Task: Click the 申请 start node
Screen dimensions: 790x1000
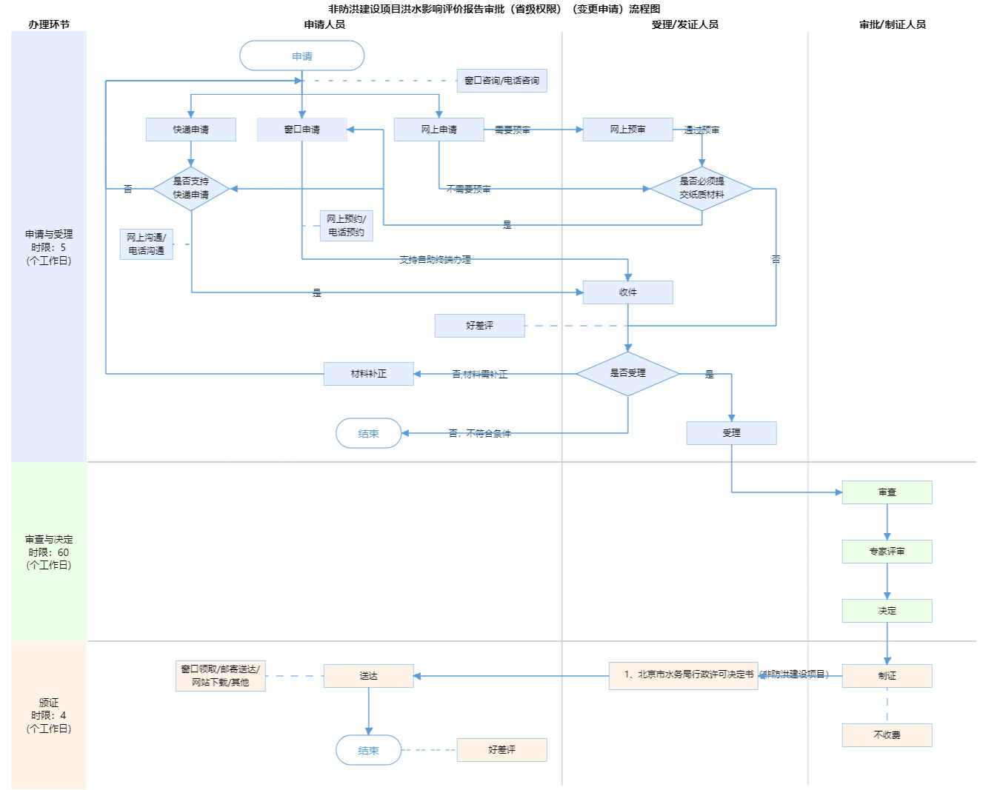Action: [x=302, y=56]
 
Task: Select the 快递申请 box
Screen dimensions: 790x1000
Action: [x=191, y=130]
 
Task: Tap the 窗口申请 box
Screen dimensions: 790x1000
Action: [x=302, y=130]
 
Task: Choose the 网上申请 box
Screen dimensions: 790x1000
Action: [x=439, y=130]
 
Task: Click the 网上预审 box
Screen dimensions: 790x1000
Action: [x=628, y=130]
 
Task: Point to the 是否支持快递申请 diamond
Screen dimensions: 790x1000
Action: [x=191, y=188]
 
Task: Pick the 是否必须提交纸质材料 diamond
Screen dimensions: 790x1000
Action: [x=702, y=188]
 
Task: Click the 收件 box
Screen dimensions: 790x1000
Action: [x=628, y=292]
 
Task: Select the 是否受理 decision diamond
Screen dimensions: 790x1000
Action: [x=628, y=373]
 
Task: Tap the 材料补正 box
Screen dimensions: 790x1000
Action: [x=369, y=374]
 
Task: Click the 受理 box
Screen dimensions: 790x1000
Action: [x=732, y=433]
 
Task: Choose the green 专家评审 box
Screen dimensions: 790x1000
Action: [x=887, y=552]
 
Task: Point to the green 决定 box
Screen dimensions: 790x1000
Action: [x=887, y=611]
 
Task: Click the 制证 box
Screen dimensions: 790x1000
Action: [x=887, y=676]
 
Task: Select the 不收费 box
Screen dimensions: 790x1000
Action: [x=887, y=735]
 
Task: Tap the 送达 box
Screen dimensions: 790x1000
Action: [x=369, y=676]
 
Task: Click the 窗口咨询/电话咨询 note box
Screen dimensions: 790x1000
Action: [x=502, y=81]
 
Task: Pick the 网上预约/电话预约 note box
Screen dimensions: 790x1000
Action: [x=347, y=226]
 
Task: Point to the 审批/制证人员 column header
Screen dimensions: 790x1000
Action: [x=893, y=24]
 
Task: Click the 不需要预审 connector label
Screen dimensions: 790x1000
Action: [x=469, y=189]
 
